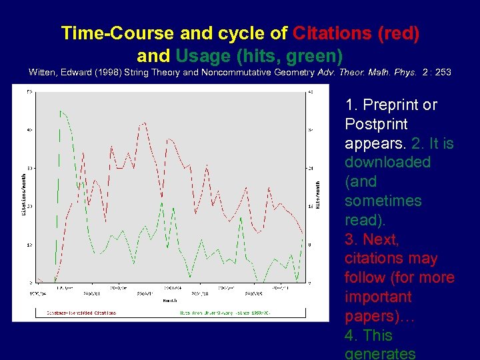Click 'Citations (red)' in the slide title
click(356, 33)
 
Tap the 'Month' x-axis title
click(170, 301)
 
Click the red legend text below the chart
click(81, 312)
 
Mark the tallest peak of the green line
click(60, 111)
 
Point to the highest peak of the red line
click(144, 123)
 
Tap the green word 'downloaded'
click(387, 162)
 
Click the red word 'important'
click(379, 297)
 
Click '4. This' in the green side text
click(369, 335)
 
